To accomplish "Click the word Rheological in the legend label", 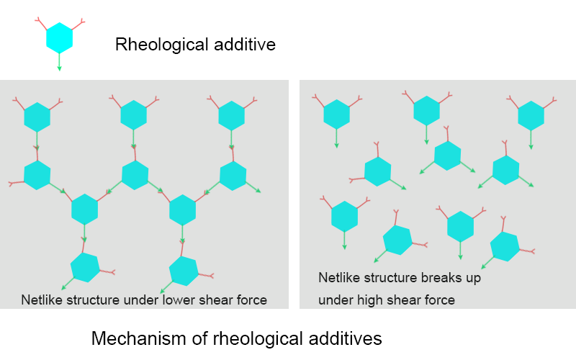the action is [x=162, y=45].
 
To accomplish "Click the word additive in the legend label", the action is [x=245, y=45].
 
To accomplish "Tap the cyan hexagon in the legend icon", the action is [x=60, y=38].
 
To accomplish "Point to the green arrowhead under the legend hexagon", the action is [x=60, y=68].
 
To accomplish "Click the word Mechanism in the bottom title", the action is [x=140, y=338].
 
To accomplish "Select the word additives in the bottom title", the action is [x=346, y=338].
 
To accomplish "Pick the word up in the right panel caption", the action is [x=474, y=279].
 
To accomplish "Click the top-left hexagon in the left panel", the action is [x=37, y=117].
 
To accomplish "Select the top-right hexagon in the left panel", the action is [x=231, y=116].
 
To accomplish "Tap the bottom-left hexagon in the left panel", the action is [x=85, y=267].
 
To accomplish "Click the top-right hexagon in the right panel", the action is [x=531, y=116].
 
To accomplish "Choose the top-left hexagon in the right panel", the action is [x=336, y=114].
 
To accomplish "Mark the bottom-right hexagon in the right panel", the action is [x=505, y=246].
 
